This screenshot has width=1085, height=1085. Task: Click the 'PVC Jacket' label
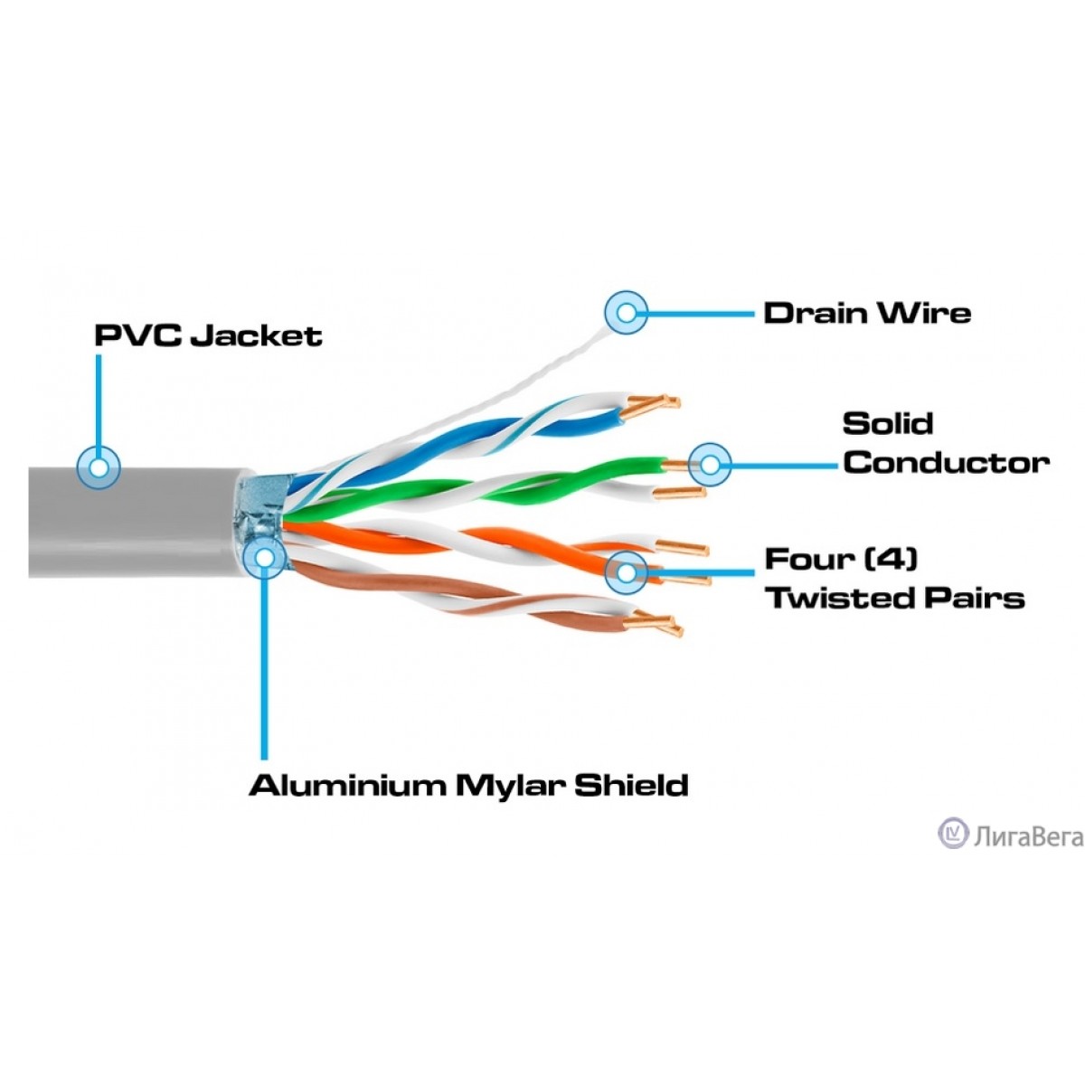point(208,336)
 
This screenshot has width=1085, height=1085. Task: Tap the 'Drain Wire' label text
point(867,314)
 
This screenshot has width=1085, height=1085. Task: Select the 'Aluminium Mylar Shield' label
point(468,785)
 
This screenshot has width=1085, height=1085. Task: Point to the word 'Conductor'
point(946,463)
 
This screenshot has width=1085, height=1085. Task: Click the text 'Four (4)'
point(841,559)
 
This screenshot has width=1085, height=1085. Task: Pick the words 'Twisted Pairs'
point(895,598)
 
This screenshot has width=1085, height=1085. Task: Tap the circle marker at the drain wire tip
point(626,314)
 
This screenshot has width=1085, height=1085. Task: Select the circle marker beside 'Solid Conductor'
point(710,466)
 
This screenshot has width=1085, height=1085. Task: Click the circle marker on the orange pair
point(627,571)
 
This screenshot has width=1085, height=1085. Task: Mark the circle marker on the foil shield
point(264,558)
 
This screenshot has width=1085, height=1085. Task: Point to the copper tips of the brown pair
point(656,624)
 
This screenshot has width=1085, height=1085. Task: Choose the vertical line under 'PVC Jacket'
point(98,398)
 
